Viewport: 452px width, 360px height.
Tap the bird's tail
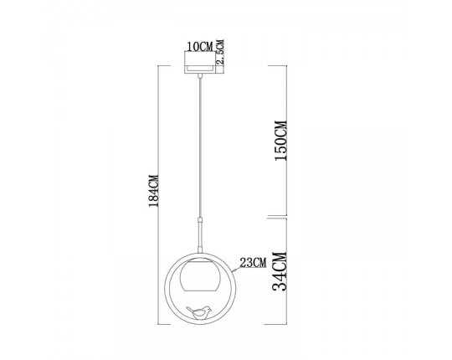point(189,308)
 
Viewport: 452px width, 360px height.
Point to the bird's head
point(208,306)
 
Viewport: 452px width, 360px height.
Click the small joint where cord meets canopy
point(200,76)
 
